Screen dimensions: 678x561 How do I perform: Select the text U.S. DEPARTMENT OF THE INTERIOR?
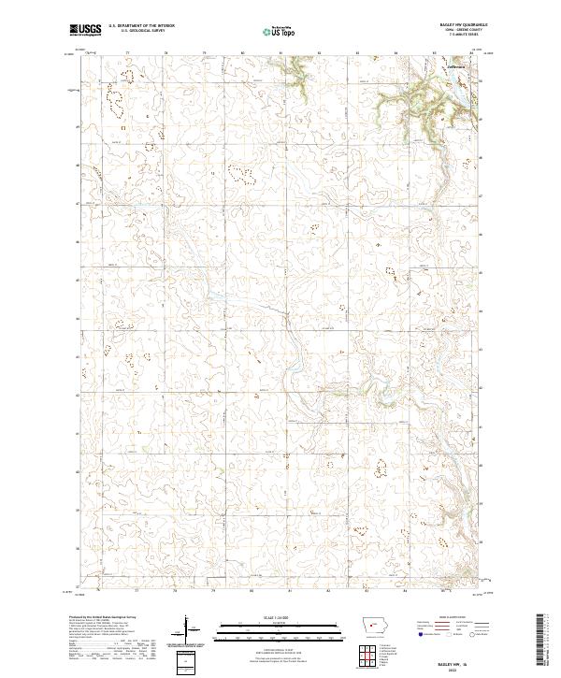pos(139,27)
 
